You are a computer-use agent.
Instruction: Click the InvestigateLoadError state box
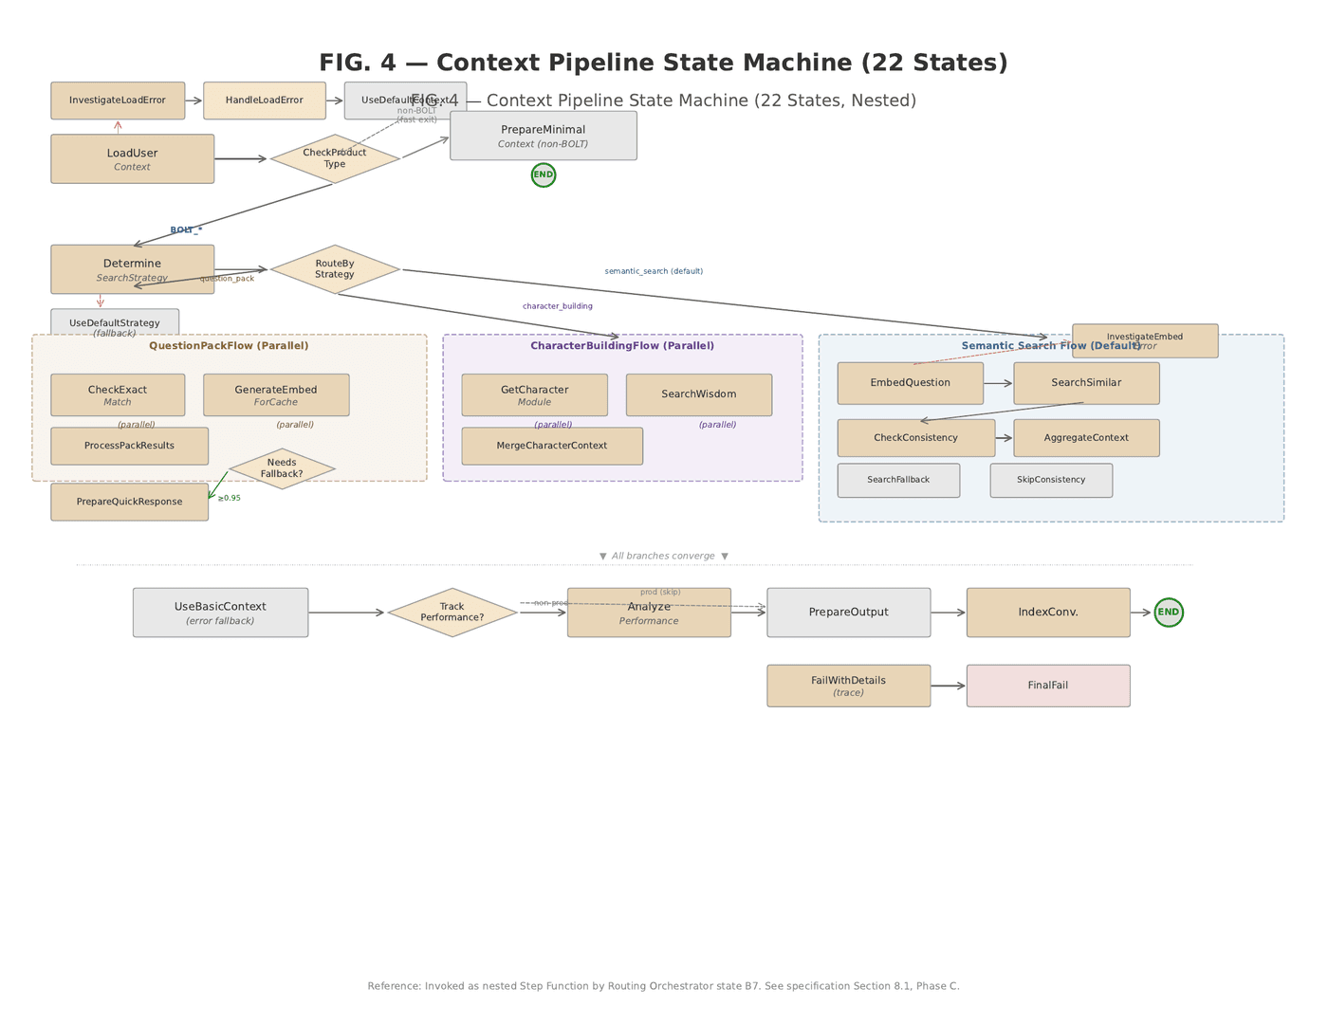coord(118,101)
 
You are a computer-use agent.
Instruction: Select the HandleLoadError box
coord(265,101)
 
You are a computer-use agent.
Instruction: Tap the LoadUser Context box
coord(132,159)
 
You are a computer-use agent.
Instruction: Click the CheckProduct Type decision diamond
coord(335,158)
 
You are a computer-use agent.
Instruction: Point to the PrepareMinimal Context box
coord(543,136)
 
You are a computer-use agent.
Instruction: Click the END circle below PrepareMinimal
coord(544,175)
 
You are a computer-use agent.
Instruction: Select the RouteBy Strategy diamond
coord(335,269)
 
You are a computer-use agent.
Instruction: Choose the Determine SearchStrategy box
coord(132,269)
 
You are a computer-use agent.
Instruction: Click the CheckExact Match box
coord(118,395)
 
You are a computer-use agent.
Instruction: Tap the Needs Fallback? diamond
coord(282,468)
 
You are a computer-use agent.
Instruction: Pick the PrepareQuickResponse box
coord(129,502)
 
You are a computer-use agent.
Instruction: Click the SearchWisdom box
coord(698,394)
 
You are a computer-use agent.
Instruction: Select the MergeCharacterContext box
coord(552,446)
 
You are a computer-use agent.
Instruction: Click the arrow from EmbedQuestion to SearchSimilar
coord(998,383)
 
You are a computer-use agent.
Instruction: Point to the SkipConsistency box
coord(1051,480)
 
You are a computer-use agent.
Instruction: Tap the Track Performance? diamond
coord(452,613)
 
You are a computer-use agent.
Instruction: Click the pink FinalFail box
coord(1048,686)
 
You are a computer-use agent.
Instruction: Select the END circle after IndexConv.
coord(1169,613)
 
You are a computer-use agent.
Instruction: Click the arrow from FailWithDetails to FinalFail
coord(948,686)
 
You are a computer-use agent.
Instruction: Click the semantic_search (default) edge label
coord(654,271)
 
